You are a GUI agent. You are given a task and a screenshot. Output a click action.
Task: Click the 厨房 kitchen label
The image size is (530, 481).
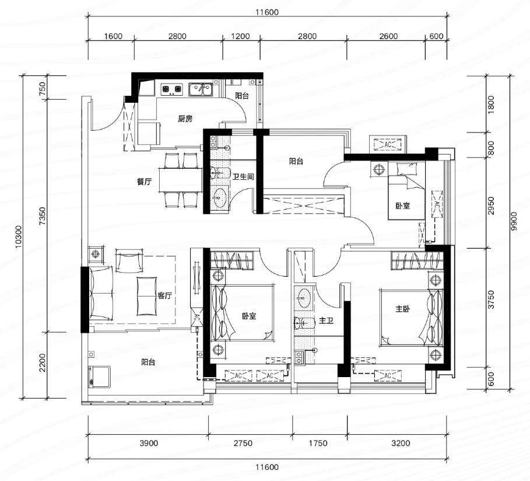pos(185,119)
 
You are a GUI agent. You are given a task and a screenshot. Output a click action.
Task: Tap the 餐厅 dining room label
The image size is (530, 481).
pos(145,182)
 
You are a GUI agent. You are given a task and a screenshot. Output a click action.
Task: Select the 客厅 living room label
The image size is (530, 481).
pos(165,295)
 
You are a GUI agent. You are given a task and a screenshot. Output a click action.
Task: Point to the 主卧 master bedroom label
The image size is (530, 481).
pos(403,309)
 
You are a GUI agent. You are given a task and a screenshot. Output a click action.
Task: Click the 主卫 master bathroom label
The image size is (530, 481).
pos(327,320)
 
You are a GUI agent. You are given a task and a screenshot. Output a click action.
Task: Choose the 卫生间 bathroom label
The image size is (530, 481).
pos(243,176)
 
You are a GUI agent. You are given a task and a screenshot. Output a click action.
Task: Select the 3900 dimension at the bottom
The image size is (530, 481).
pos(149,443)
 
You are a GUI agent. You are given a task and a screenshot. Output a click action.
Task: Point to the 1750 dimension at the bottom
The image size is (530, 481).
pos(318,443)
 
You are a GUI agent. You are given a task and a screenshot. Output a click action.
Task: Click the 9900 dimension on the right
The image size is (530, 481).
pos(514,221)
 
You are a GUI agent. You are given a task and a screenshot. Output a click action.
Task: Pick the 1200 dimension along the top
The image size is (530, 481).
pos(240,36)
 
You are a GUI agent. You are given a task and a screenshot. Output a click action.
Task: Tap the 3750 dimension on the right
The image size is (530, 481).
pos(492,299)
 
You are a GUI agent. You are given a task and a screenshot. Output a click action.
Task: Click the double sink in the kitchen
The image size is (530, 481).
pos(201,89)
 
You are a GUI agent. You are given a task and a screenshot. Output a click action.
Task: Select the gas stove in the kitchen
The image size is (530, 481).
pos(171,89)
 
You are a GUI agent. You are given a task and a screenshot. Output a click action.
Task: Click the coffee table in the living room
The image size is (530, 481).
pos(147,296)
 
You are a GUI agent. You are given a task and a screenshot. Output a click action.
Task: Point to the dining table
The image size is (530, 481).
pos(181,180)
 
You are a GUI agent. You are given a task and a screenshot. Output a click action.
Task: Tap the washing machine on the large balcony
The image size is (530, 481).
pos(99,377)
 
